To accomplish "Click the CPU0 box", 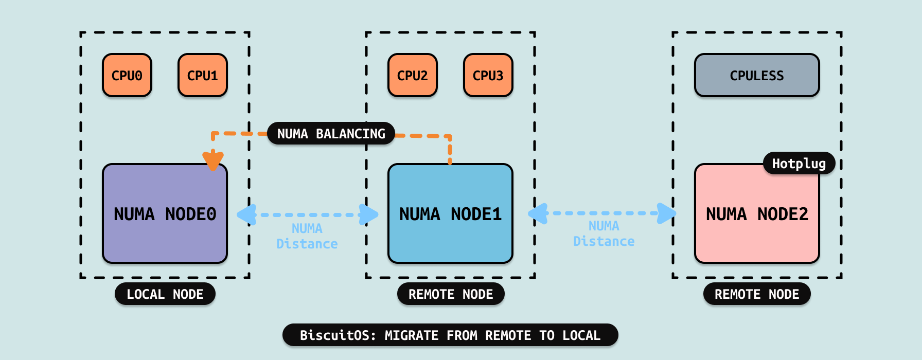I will pyautogui.click(x=127, y=75).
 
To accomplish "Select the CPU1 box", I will pyautogui.click(x=203, y=75).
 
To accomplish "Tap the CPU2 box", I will pyautogui.click(x=413, y=75).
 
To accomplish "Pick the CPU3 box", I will pyautogui.click(x=488, y=75).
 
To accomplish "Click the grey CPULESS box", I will pyautogui.click(x=757, y=75).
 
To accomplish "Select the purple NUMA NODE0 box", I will pyautogui.click(x=165, y=213).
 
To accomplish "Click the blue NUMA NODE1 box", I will pyautogui.click(x=450, y=213).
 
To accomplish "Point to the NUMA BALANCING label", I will pyautogui.click(x=331, y=134).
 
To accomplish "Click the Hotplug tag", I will pyautogui.click(x=799, y=164).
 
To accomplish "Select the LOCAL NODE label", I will pyautogui.click(x=165, y=294).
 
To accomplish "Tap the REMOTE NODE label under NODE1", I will pyautogui.click(x=451, y=294).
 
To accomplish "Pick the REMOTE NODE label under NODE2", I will pyautogui.click(x=757, y=294).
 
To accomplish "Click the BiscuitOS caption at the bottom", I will pyautogui.click(x=450, y=335).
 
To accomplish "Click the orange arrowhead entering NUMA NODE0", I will pyautogui.click(x=212, y=160).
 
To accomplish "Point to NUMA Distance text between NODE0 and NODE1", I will pyautogui.click(x=307, y=236).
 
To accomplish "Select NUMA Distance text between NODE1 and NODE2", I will pyautogui.click(x=604, y=233).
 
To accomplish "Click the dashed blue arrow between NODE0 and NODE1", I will pyautogui.click(x=308, y=214).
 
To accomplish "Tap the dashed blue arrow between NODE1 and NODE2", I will pyautogui.click(x=602, y=213).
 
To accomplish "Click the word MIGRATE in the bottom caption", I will pyautogui.click(x=412, y=335).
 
